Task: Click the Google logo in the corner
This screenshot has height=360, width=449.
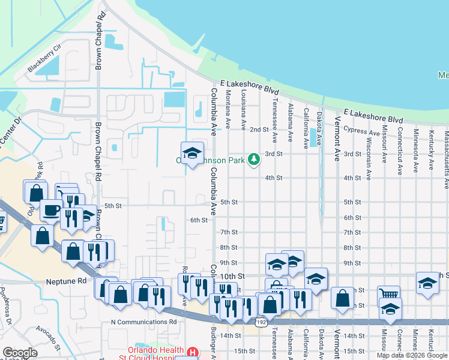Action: coord(20,353)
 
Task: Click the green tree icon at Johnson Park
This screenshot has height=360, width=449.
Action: coord(255,159)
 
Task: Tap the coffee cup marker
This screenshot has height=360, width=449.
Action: coord(51,211)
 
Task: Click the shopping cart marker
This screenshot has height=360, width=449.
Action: coord(388,296)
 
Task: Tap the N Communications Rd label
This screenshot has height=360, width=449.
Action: coord(144,322)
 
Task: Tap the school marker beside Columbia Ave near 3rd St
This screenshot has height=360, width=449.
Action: coord(192,154)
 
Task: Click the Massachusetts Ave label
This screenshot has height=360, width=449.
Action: coord(446,152)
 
